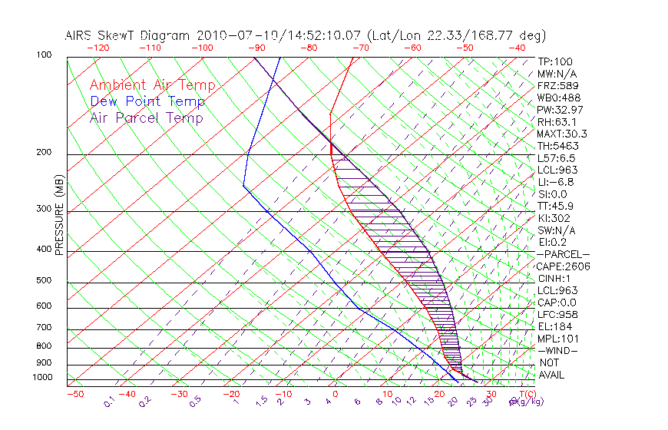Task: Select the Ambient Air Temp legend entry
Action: pos(152,85)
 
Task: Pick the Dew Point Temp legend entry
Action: pos(147,101)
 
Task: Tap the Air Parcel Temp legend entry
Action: pos(146,117)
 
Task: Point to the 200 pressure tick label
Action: pos(44,153)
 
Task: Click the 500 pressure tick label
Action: pos(44,281)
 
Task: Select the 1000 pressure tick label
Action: pos(41,378)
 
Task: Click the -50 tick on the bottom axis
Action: pos(74,394)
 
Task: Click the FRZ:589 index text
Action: pos(556,85)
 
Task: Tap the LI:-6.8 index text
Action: pos(555,182)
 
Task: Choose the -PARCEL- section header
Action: pos(563,254)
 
